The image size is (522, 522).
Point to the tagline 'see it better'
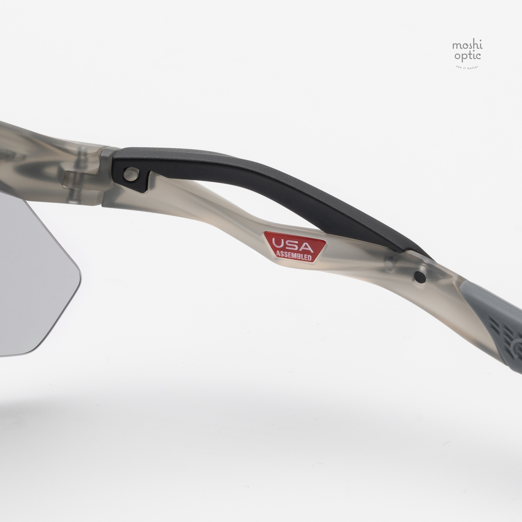[x=467, y=67]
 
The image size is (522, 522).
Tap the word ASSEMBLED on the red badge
[x=294, y=256]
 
